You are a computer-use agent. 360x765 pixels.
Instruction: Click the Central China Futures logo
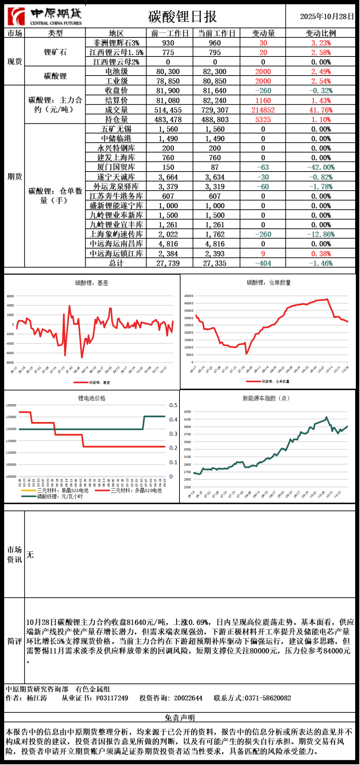pos(45,16)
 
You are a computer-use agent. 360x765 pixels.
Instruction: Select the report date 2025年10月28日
pos(327,17)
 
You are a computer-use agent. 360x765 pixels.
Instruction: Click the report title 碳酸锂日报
pos(182,17)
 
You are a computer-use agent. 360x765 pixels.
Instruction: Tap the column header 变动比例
pos(321,33)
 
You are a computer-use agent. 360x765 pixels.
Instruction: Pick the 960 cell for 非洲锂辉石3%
pos(215,43)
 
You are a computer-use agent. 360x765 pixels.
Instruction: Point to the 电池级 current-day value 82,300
pos(215,72)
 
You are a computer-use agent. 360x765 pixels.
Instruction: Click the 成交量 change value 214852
pos(263,110)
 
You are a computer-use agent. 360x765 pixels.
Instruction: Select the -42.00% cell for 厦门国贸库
pos(321,167)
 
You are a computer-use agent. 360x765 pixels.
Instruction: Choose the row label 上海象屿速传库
pos(116,234)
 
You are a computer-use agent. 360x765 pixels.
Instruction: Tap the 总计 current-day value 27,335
pos(215,263)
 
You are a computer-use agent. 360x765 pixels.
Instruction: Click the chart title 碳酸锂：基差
pos(92,283)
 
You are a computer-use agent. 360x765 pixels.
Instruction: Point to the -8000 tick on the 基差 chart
pos(10,363)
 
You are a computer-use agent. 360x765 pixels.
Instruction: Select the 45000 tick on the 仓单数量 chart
pos(189,296)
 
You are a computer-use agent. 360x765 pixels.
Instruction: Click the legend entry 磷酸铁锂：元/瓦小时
pos(60,497)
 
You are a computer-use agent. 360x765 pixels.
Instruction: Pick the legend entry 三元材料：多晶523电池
pos(136,491)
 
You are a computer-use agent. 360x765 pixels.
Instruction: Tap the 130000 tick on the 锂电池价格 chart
pos(11,405)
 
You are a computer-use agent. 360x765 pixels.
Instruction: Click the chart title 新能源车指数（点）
pos(266,399)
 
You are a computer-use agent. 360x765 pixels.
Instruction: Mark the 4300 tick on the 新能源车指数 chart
pos(187,412)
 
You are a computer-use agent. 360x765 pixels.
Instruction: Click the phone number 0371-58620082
pos(268,698)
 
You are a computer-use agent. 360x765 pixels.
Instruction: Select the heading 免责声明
pos(179,718)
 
